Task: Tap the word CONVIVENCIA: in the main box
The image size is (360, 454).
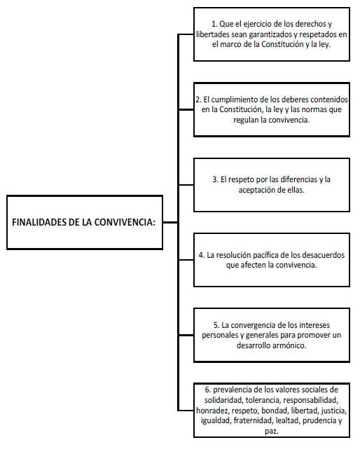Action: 125,222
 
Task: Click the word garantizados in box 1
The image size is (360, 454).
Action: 272,34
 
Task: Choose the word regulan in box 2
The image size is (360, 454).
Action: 246,120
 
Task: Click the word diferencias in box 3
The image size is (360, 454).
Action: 299,179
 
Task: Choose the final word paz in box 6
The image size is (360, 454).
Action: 272,431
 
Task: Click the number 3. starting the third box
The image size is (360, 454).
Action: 215,179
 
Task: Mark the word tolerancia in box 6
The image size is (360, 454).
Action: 263,401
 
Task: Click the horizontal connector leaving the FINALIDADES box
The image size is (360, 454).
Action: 170,222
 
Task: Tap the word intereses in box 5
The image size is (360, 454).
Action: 314,325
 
